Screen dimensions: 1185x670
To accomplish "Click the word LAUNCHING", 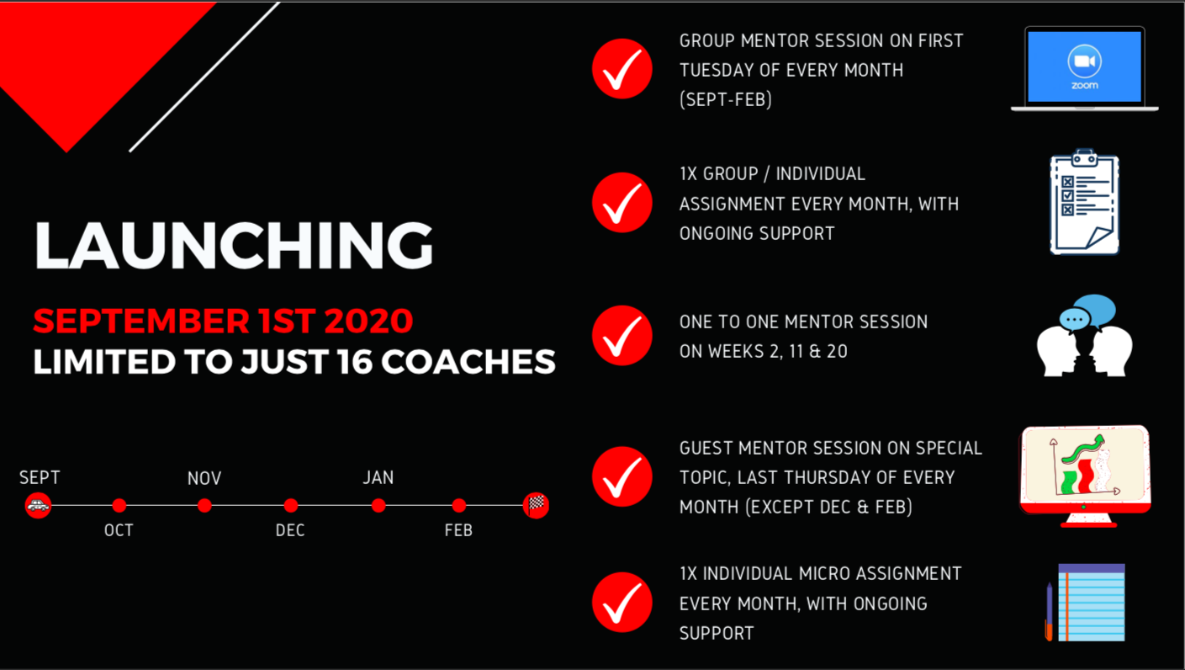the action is pyautogui.click(x=233, y=245).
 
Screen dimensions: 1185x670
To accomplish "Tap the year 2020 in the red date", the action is pyautogui.click(x=368, y=321).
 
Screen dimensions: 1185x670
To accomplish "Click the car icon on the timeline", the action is pyautogui.click(x=38, y=505).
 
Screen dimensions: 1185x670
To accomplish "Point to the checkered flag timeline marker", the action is pyautogui.click(x=536, y=505).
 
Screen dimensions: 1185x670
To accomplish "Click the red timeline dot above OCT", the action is pyautogui.click(x=119, y=505).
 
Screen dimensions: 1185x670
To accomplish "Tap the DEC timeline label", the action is pyautogui.click(x=290, y=530).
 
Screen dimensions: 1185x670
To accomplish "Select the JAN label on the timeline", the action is pyautogui.click(x=378, y=477).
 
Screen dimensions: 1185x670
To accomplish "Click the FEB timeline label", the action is pyautogui.click(x=458, y=530).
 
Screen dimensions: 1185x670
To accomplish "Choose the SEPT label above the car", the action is pyautogui.click(x=40, y=477).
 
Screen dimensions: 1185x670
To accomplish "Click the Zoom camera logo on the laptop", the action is pyautogui.click(x=1084, y=61).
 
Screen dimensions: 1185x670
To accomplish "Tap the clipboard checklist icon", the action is pyautogui.click(x=1084, y=202).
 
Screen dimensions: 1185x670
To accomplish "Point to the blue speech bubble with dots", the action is pyautogui.click(x=1074, y=320).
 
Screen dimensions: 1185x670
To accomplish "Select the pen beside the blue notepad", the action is pyautogui.click(x=1049, y=612).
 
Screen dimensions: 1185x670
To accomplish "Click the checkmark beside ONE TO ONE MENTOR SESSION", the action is pyautogui.click(x=622, y=336).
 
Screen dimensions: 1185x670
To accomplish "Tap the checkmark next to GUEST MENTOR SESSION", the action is pyautogui.click(x=622, y=476).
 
